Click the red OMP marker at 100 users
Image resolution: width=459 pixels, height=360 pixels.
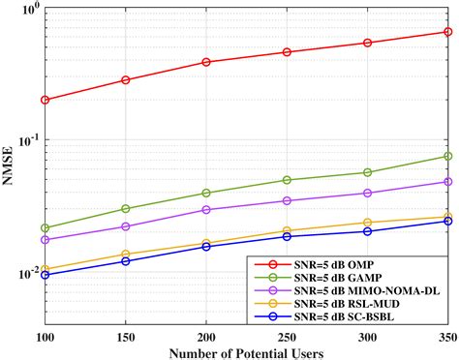[45, 100]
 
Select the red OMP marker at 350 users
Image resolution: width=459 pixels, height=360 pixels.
[447, 32]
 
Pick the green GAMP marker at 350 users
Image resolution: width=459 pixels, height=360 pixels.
[447, 156]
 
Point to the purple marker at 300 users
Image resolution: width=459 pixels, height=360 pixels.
[367, 194]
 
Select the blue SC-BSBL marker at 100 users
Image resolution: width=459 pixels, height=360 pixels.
[45, 275]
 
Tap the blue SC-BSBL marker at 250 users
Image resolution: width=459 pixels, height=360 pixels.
[287, 236]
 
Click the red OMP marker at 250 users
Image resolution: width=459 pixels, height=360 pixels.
[287, 52]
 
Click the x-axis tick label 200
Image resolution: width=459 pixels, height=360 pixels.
[206, 335]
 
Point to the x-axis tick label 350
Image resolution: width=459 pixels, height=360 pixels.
[445, 335]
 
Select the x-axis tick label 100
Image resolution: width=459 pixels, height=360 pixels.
[45, 335]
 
